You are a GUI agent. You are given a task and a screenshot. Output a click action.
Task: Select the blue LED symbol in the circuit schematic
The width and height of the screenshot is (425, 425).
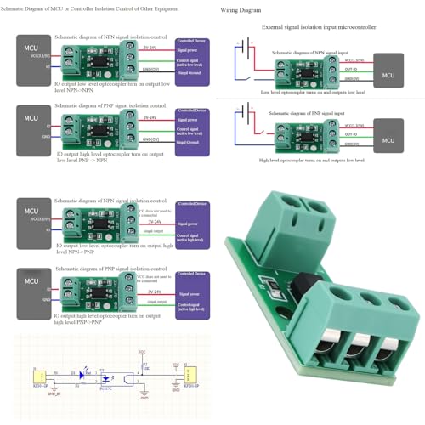click(81, 374)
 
